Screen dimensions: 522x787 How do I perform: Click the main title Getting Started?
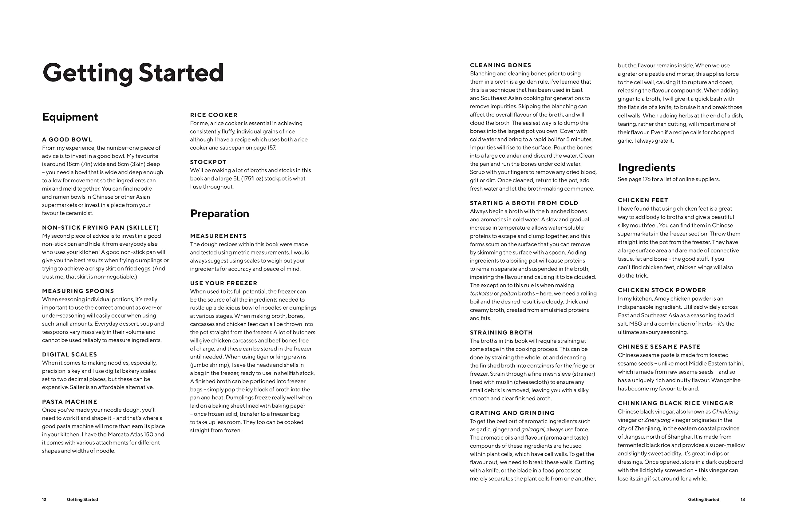[133, 73]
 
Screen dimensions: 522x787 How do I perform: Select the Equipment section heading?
[70, 117]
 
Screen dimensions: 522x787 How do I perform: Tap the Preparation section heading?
[219, 214]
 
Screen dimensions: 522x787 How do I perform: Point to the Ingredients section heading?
[646, 168]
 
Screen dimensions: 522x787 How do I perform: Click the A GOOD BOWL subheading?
[67, 140]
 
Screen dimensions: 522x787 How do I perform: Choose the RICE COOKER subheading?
[214, 115]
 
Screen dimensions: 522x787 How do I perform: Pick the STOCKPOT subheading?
[208, 162]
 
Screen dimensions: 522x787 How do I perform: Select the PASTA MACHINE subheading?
[69, 402]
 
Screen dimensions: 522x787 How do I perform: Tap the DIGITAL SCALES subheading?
[69, 354]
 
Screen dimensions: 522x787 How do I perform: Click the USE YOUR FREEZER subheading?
[224, 283]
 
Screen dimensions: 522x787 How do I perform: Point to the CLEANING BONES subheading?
[500, 65]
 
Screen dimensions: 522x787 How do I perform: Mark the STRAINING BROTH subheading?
[501, 333]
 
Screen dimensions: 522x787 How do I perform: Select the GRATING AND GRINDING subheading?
[512, 413]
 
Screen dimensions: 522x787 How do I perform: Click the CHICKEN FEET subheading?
[643, 200]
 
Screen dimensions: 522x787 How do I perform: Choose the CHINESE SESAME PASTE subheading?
[659, 346]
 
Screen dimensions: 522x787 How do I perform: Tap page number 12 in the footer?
[44, 499]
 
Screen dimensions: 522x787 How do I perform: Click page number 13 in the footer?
[742, 499]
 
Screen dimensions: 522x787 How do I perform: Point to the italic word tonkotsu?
[481, 294]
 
